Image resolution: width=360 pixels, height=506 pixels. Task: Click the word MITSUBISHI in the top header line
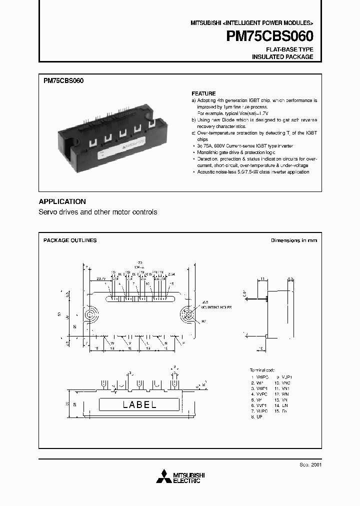pos(206,23)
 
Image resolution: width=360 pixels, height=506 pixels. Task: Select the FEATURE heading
pos(203,93)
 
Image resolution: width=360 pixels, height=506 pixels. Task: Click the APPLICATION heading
pos(62,201)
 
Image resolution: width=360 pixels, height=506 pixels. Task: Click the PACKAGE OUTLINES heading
pos(70,240)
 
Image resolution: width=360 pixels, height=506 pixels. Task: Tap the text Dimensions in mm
pos(294,240)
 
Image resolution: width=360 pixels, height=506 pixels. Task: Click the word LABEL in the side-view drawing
pos(139,404)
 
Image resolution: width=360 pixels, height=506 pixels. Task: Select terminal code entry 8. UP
pos(257,416)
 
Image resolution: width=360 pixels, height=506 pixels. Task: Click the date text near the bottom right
pos(311,464)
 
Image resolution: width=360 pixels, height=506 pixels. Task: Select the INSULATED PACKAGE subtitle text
pos(282,57)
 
